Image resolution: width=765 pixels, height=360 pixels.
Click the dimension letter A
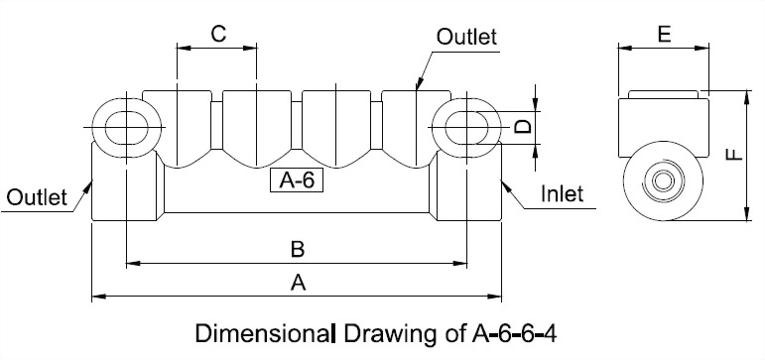click(297, 283)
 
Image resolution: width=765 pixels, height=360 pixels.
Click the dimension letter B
click(297, 248)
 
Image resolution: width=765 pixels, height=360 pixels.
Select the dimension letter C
click(218, 33)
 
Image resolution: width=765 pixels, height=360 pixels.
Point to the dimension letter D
click(525, 126)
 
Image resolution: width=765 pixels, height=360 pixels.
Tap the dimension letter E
click(664, 34)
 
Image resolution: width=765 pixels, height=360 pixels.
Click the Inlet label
click(562, 193)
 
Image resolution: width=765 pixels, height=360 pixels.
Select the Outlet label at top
click(466, 37)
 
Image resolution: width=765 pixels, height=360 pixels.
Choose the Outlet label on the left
click(37, 196)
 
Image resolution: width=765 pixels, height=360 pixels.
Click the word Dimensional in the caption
click(267, 330)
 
